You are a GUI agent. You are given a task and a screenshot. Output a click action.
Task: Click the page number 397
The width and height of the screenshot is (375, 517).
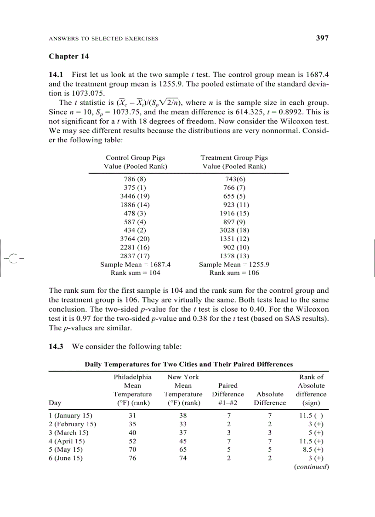[x=322, y=38]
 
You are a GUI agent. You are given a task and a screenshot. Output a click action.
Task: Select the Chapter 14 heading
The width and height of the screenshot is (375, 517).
[x=68, y=56]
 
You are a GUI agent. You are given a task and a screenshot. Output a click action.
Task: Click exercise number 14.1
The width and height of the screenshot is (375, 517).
[x=57, y=74]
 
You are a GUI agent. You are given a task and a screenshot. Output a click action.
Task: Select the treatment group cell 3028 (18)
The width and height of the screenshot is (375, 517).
[x=234, y=230]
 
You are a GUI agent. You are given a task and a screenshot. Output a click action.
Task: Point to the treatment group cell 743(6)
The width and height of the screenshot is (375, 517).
[x=234, y=179]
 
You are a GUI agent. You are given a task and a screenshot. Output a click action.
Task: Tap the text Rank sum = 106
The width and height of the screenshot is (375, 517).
[x=234, y=273]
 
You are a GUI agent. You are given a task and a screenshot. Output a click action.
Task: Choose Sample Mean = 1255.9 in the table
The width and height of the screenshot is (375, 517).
[x=234, y=264]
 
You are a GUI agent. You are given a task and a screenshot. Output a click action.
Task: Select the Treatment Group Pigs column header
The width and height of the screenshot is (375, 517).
[x=234, y=157]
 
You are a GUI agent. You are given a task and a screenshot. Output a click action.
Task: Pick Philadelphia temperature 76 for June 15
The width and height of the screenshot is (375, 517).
[x=132, y=458]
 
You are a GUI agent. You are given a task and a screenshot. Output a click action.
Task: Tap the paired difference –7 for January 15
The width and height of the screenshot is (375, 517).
[x=227, y=415]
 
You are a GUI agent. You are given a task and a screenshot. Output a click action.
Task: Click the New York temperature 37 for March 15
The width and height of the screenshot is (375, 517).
[x=183, y=433]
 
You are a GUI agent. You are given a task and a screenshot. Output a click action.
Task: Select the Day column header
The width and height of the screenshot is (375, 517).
[x=55, y=402]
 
